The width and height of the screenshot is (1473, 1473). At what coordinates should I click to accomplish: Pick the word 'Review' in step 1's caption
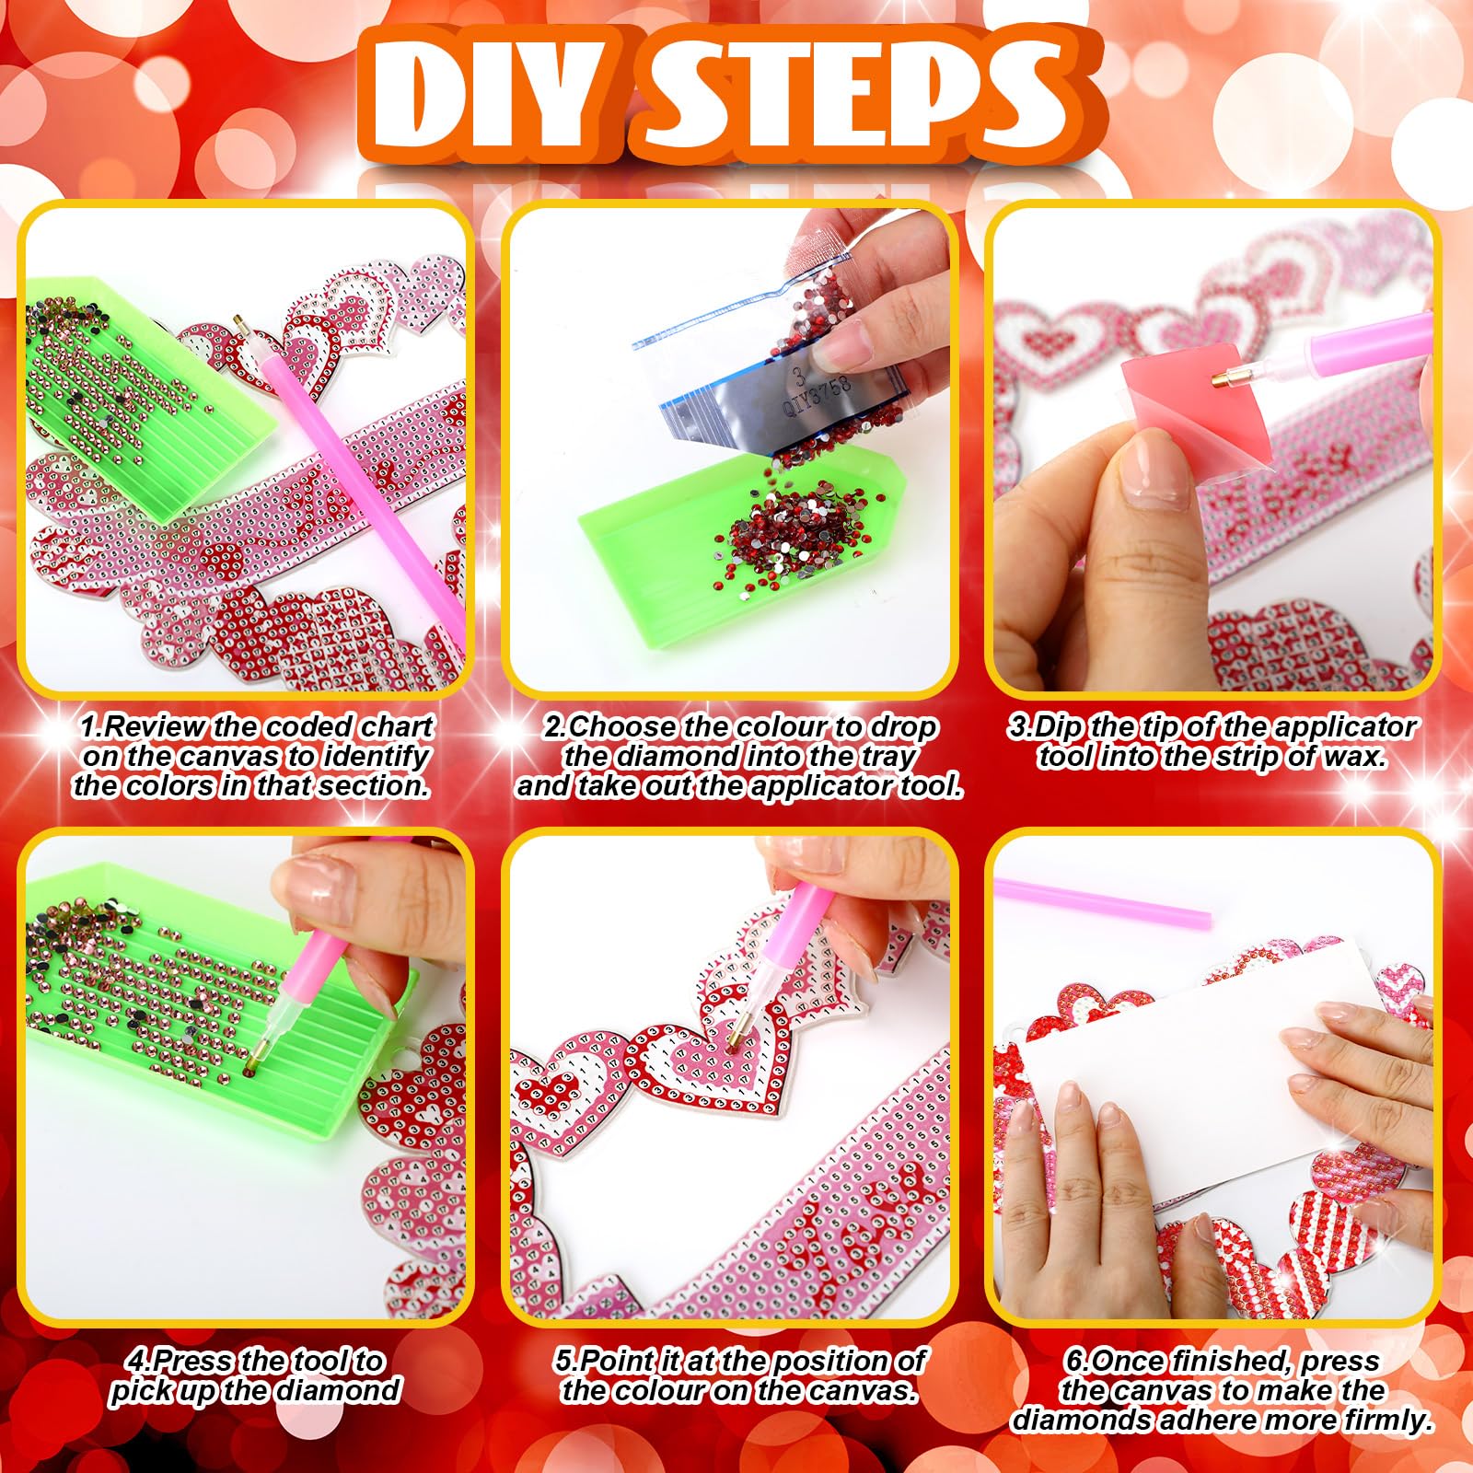click(x=156, y=726)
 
